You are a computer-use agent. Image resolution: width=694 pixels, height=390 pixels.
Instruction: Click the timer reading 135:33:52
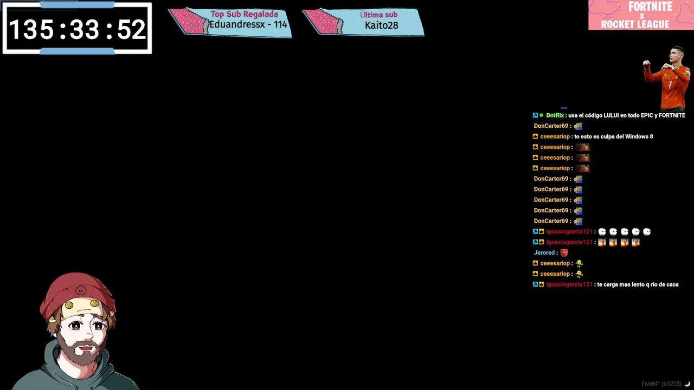click(78, 29)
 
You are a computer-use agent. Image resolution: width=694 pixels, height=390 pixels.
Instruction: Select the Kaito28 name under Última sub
click(381, 25)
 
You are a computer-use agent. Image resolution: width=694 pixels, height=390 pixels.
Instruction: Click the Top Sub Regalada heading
click(244, 14)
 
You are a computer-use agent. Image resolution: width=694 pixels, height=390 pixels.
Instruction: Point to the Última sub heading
click(378, 14)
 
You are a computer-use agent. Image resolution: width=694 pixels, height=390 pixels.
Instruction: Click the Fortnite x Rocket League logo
click(641, 15)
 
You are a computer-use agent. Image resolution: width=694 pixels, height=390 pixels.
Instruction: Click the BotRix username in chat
click(555, 115)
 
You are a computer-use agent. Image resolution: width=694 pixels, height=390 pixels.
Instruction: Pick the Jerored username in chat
click(544, 252)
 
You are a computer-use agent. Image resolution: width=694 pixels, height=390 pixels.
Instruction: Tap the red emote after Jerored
click(564, 253)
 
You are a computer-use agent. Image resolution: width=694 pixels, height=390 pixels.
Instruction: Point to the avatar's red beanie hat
click(78, 292)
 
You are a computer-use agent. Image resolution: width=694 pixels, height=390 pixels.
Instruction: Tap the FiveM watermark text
click(661, 384)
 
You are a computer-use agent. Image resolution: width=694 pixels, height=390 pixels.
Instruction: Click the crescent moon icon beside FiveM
click(687, 384)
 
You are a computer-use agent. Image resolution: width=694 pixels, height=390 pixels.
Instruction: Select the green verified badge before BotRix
click(541, 115)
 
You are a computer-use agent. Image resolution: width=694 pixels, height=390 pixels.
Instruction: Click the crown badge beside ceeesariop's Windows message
click(535, 136)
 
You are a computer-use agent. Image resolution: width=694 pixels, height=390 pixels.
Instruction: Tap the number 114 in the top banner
click(280, 24)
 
